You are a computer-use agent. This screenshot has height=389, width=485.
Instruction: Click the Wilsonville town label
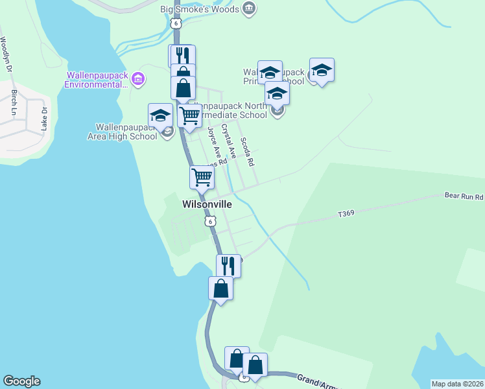[207, 204]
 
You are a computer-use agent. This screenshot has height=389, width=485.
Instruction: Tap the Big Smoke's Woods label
[199, 9]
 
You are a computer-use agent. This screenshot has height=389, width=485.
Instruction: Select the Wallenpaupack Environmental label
[96, 80]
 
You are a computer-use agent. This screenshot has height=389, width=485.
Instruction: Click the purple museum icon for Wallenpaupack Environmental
[137, 80]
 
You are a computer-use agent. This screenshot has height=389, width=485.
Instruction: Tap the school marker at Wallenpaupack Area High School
[160, 117]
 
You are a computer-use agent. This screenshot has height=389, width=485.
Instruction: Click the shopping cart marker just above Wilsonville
[202, 177]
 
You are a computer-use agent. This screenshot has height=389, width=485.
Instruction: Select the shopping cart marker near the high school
[189, 117]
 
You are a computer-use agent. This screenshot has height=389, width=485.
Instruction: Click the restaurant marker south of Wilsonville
[228, 266]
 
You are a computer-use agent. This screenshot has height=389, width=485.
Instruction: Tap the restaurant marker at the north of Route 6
[182, 56]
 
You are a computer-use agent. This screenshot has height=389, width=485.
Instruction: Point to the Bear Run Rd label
[464, 195]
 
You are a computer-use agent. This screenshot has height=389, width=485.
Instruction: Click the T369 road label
[348, 213]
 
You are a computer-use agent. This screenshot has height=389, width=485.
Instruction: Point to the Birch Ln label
[14, 102]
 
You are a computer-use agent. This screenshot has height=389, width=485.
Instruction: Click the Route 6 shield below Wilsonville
[209, 222]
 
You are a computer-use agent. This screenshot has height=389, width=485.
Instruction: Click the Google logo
[21, 381]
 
